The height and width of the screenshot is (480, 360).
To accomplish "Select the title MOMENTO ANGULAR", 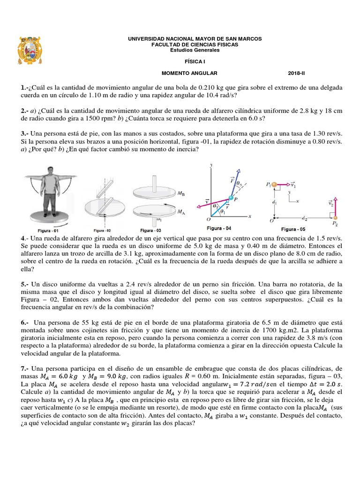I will pos(190,74).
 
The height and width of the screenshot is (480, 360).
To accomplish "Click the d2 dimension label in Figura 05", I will pos(305,218).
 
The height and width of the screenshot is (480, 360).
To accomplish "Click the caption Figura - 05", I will pos(295,229).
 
